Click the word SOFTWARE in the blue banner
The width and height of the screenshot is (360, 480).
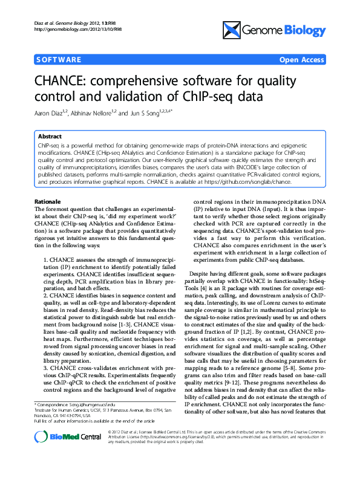pos(58,60)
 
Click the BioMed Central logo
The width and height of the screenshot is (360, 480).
pos(59,454)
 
